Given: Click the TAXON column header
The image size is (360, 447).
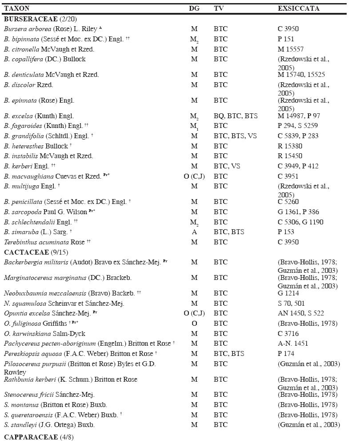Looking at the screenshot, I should [x=16, y=8].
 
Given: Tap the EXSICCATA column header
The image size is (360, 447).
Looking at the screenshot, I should [x=298, y=8].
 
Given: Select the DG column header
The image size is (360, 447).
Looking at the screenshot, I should [x=194, y=8].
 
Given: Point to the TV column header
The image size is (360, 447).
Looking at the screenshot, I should [x=218, y=8].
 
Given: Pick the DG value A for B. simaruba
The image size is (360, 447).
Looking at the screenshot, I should [x=194, y=232].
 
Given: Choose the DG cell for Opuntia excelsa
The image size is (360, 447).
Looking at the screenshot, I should [x=194, y=313].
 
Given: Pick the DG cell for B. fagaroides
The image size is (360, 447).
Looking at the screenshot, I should [x=194, y=126].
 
